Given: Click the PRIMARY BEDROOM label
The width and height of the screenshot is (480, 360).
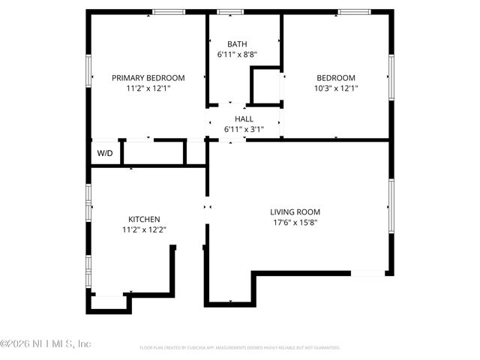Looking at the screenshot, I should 148,77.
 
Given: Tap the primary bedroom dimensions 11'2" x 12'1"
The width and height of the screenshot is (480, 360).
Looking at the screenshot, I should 148,88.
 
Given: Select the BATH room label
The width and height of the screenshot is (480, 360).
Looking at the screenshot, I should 237,44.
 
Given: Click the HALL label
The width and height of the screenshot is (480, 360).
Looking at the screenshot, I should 244,118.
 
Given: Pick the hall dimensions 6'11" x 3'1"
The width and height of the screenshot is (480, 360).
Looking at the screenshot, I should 244,129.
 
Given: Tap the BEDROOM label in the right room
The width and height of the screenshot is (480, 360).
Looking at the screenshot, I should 335,77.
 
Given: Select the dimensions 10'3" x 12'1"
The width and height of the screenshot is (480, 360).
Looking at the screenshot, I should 335,88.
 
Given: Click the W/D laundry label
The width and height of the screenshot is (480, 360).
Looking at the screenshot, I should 105,153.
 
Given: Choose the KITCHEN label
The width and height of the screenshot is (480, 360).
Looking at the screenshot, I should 143,219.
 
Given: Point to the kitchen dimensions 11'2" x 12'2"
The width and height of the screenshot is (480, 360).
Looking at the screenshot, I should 143,230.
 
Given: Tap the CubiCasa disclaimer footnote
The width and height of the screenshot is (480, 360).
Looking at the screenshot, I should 240,348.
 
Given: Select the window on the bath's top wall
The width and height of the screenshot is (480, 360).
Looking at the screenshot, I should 230,12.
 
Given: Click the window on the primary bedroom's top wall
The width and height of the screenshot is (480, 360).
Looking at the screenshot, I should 169,12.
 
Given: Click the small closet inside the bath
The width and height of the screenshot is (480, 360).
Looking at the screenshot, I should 265,86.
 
